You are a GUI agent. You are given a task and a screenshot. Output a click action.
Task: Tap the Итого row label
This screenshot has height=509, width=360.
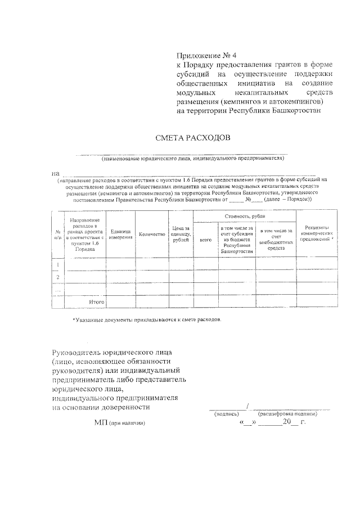tap(97, 302)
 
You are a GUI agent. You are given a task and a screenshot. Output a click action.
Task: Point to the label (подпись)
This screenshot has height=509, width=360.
tap(226, 414)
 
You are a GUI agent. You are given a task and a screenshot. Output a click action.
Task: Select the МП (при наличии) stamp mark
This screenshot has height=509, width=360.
tap(119, 422)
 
